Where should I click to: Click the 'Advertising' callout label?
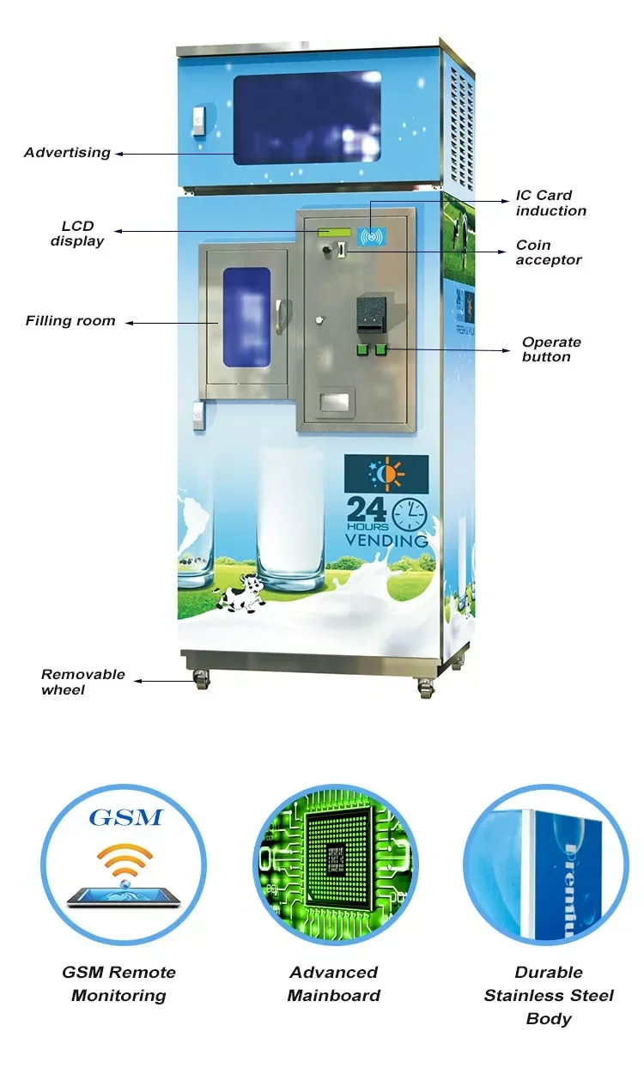(67, 153)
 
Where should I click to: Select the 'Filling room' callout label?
(70, 321)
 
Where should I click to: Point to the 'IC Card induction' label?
(550, 203)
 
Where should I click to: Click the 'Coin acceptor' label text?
(549, 252)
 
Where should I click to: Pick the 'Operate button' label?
(551, 349)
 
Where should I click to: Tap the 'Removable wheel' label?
(82, 682)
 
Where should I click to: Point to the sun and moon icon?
(386, 474)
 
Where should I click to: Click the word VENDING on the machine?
(386, 541)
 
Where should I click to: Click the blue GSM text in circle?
(125, 816)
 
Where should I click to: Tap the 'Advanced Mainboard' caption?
(333, 984)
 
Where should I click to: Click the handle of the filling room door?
(276, 319)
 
